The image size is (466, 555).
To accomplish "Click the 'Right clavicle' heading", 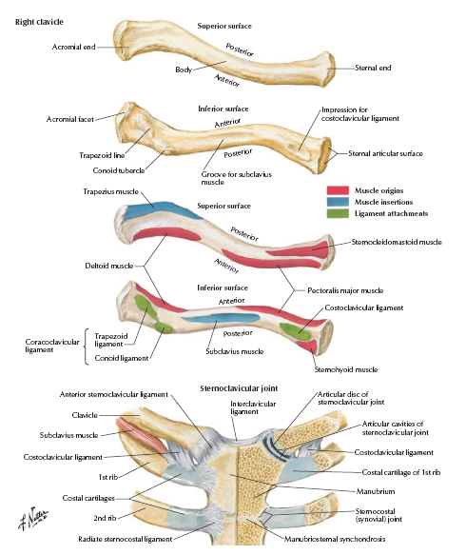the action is click(x=39, y=22).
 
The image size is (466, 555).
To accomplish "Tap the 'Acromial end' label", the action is click(x=73, y=47).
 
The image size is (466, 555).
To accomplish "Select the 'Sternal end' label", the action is click(x=373, y=68).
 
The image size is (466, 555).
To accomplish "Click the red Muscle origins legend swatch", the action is click(x=338, y=190).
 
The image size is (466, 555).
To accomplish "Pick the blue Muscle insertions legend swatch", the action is click(x=338, y=202).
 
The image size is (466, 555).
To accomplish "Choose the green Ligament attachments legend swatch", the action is click(x=338, y=213).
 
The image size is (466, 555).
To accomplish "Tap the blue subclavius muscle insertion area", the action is click(x=222, y=317).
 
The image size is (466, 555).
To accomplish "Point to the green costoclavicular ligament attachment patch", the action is click(x=295, y=331).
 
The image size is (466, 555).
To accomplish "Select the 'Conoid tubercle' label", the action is click(x=119, y=170).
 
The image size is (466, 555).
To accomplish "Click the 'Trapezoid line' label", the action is click(x=102, y=155).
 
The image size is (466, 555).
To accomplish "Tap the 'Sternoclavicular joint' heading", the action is click(x=239, y=388).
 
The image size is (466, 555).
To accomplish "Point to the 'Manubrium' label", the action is click(x=376, y=491).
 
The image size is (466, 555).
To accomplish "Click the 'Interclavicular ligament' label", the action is click(x=253, y=407).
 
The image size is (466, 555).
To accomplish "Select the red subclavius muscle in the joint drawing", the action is click(x=142, y=435).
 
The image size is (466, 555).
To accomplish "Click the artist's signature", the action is click(x=33, y=518).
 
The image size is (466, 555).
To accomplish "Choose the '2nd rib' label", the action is click(x=105, y=518).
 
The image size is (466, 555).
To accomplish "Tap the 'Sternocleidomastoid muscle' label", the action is click(x=397, y=242).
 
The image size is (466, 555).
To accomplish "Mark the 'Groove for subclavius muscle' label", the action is click(x=236, y=178).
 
